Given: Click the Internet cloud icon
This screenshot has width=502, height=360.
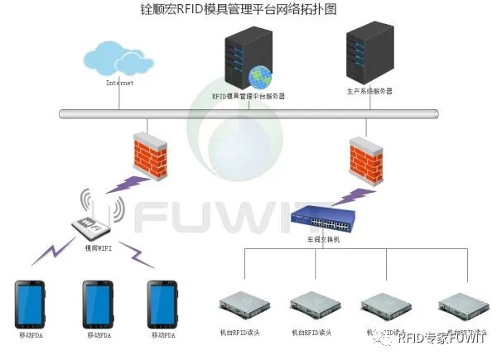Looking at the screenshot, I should click(x=118, y=58).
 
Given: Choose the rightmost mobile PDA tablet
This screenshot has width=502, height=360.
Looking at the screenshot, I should click(x=163, y=305).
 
